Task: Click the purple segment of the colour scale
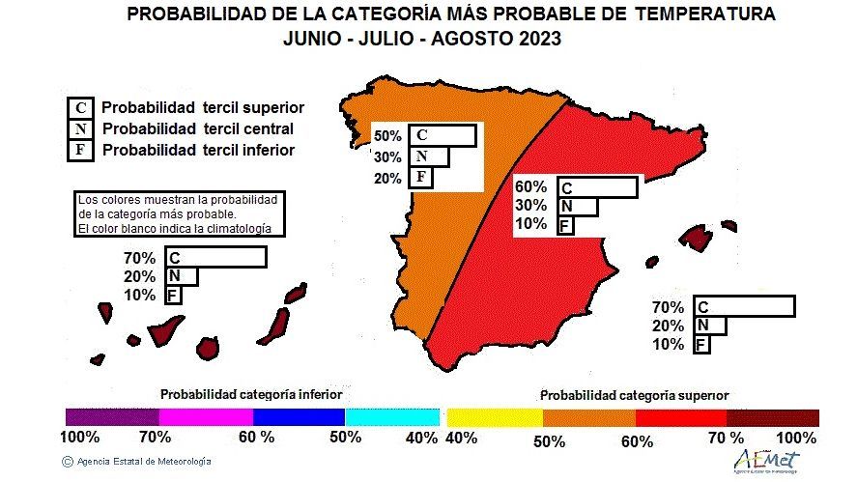112,417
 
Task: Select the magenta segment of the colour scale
205,417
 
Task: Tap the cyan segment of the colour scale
390,417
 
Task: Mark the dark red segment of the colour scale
773,417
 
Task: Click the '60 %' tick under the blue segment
255,438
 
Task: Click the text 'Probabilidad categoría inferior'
251,394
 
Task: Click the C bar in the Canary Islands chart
215,258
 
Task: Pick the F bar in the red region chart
566,226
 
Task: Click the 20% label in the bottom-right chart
668,326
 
